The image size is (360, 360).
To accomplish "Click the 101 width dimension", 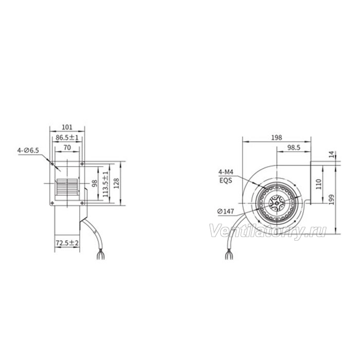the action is [x=67, y=127].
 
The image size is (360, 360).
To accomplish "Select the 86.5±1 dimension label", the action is [x=67, y=137].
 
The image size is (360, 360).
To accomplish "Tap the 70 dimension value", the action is [x=67, y=148].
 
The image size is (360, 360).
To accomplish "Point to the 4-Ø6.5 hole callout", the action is [x=28, y=151].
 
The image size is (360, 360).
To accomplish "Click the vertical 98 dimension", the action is [x=94, y=183].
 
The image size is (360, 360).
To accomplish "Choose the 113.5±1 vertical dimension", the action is [x=105, y=184].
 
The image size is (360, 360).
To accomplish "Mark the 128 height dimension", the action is [x=116, y=183].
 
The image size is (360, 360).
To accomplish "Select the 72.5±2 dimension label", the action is [x=67, y=243].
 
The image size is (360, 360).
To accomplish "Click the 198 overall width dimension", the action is [x=277, y=137].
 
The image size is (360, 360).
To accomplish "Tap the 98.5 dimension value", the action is [x=294, y=148].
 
